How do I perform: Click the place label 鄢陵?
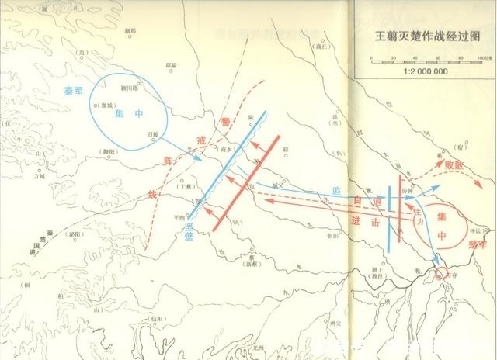click(x=172, y=67)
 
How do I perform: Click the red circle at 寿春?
click(x=441, y=273)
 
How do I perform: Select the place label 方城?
click(x=40, y=176)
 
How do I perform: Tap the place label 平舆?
click(x=180, y=218)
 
